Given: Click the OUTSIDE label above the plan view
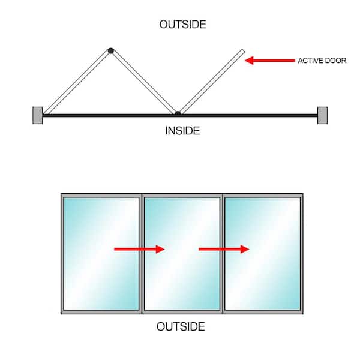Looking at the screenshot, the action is (x=183, y=25).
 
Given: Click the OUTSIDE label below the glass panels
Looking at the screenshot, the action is (x=181, y=326).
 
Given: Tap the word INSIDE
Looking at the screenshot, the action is (x=182, y=131).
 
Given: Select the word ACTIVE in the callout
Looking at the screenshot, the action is (x=310, y=61).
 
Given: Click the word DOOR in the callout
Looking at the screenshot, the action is (x=335, y=61).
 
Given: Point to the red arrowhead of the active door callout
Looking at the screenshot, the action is (x=249, y=61).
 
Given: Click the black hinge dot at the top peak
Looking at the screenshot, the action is (x=111, y=50).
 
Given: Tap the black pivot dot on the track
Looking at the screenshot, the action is (x=178, y=113).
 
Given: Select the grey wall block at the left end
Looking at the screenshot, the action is (x=38, y=115).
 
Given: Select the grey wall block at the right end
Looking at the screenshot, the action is (x=322, y=115).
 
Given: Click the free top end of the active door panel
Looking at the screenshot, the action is (x=243, y=51).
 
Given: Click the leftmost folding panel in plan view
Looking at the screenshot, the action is (x=77, y=82).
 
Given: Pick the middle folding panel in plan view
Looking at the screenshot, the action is (x=143, y=82).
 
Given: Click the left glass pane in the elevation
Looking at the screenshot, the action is (x=101, y=254).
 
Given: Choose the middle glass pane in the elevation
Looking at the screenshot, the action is (x=182, y=254).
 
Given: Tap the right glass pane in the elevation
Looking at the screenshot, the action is (x=263, y=254).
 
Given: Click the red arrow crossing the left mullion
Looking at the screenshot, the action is (x=139, y=249).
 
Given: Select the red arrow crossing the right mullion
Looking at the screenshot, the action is (x=224, y=249).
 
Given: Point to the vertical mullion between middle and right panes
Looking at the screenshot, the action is (x=223, y=254).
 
